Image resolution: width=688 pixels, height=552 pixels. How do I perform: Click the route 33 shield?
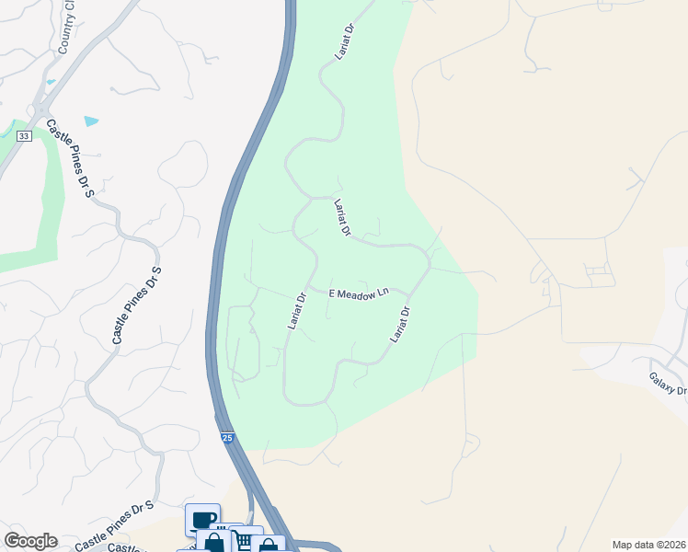pos(24,136)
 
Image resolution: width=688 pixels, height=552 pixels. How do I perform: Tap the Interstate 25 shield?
pos(227,437)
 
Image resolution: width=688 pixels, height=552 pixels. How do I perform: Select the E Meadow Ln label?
pos(360,292)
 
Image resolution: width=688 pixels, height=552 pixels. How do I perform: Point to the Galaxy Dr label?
pos(667,384)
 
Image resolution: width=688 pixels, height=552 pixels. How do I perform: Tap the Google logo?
pos(30,541)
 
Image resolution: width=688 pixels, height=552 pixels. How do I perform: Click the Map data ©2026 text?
pos(648,545)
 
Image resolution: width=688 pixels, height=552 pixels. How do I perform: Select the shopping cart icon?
pos(245,540)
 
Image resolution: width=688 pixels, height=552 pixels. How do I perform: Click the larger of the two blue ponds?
pos(90,121)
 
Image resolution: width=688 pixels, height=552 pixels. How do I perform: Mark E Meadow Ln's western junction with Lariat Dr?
pos(309,288)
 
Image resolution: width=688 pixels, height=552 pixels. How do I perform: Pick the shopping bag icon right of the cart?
pos(268,546)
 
